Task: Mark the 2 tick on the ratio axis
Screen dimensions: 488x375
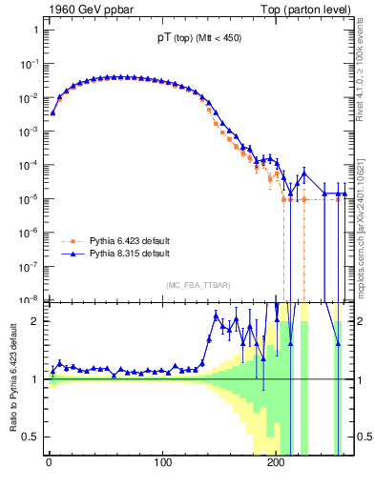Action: tap(35, 321)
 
